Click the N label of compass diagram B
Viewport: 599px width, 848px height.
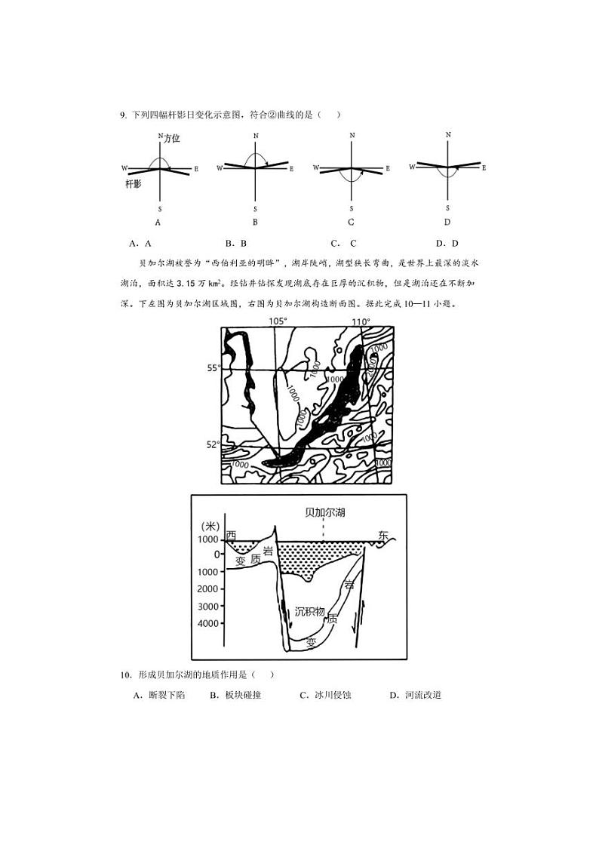click(x=256, y=136)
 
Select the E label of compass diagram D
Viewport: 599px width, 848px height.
click(x=484, y=167)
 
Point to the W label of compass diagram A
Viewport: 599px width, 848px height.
click(x=124, y=167)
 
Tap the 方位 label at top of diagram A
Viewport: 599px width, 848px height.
click(x=171, y=139)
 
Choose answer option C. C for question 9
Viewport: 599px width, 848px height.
click(x=343, y=243)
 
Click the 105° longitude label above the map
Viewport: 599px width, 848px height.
click(x=278, y=322)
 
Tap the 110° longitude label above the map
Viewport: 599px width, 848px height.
click(x=361, y=322)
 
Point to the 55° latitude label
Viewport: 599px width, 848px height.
click(x=213, y=368)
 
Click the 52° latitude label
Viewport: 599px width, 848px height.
click(x=213, y=444)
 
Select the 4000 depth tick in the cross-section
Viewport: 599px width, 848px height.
click(x=209, y=624)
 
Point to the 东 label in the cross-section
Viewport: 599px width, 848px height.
click(x=383, y=536)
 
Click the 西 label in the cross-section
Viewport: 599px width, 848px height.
click(x=231, y=536)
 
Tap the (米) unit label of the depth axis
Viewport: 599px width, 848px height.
click(x=212, y=525)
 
